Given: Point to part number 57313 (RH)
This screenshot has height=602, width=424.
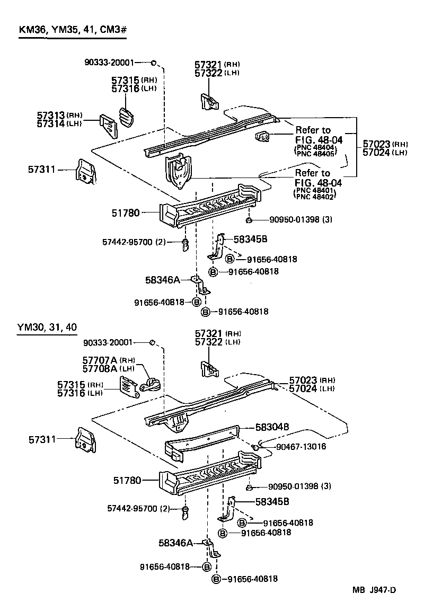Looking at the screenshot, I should (51, 115).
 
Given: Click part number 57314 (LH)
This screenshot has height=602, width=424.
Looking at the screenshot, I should (51, 123).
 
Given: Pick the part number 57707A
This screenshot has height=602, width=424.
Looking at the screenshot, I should (100, 360).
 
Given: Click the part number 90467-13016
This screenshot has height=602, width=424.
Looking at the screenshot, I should (301, 447).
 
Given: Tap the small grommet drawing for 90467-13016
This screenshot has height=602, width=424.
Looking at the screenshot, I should (255, 448).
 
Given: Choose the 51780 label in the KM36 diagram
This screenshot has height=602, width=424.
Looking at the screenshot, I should (126, 213).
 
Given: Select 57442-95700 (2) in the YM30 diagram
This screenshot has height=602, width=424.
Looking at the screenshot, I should (136, 509).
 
